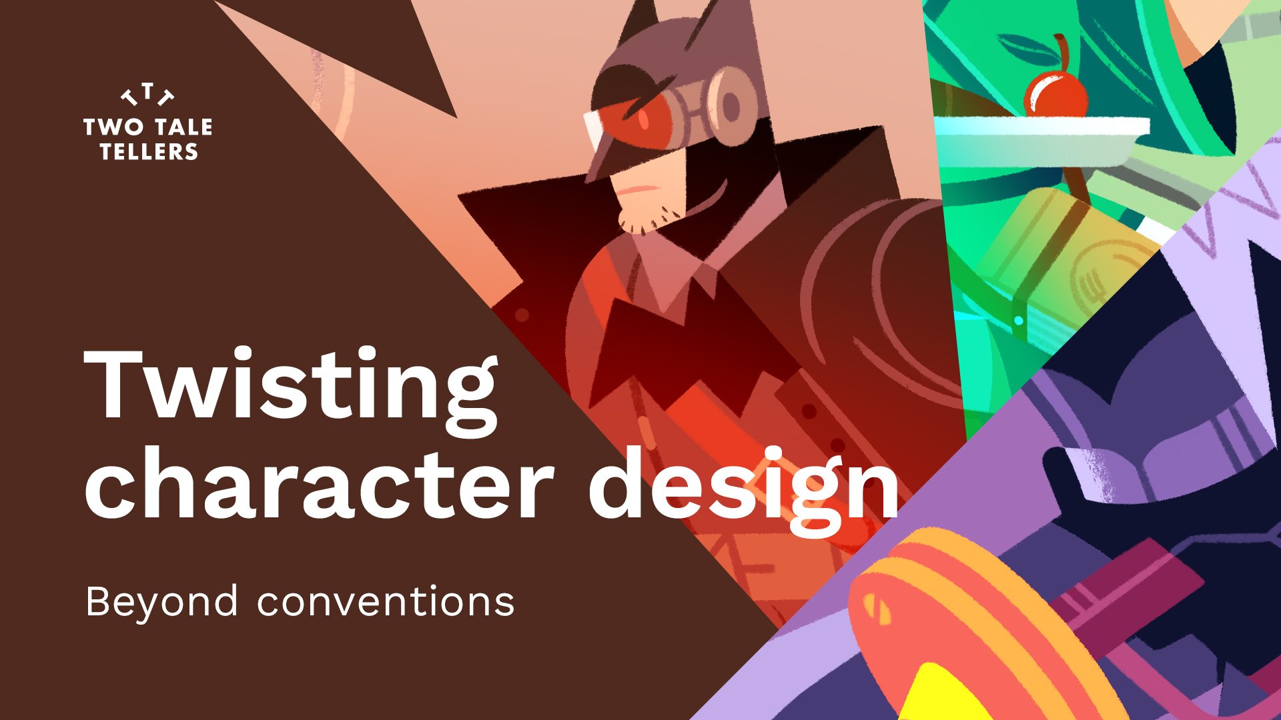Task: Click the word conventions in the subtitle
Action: coord(386,602)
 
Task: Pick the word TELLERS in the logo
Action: coord(149,152)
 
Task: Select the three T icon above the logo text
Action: coord(147,95)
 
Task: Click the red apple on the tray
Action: coord(1055,97)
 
